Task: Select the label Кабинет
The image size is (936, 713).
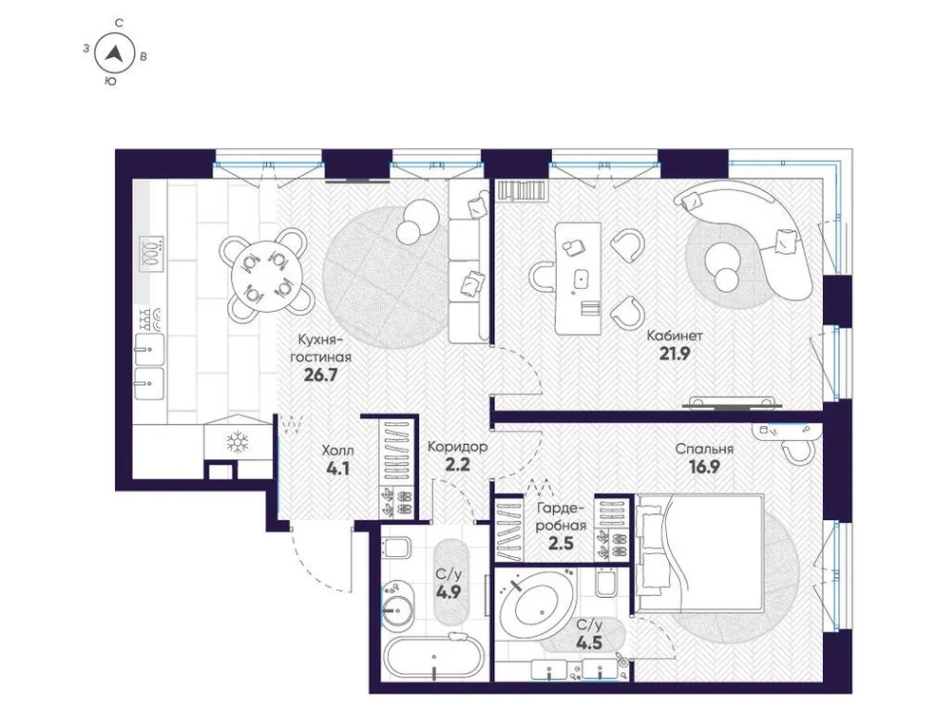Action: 675,335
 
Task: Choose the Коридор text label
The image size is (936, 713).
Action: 457,446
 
